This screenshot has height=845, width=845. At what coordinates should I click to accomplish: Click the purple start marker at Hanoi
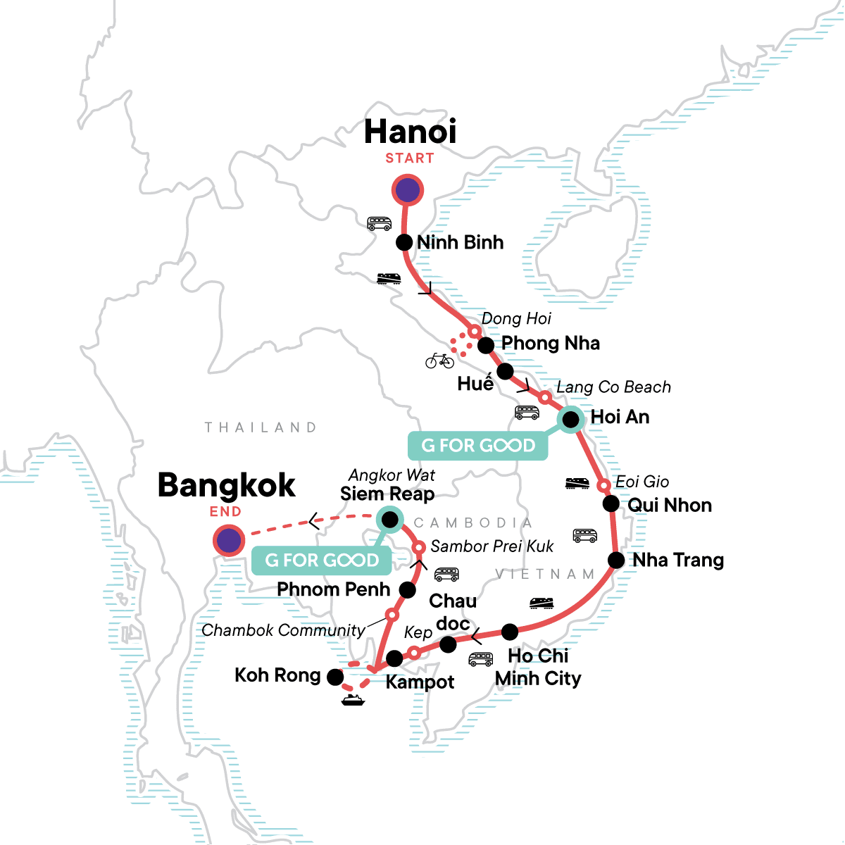tap(407, 190)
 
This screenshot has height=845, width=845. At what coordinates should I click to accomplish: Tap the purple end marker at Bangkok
tap(228, 541)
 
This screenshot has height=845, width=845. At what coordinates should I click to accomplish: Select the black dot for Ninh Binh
tap(403, 242)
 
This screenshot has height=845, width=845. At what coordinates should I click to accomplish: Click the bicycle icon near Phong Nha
tap(439, 361)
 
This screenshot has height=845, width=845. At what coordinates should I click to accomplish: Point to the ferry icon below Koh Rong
tap(352, 700)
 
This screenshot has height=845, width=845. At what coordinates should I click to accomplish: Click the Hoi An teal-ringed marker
tap(570, 420)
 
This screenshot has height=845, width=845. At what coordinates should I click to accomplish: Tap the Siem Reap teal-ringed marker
tap(389, 520)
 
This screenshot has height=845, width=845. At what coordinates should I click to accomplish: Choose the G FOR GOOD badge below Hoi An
tap(478, 446)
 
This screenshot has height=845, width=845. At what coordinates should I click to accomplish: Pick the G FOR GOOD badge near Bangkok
tap(322, 561)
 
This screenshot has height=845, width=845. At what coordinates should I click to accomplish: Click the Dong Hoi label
tap(516, 319)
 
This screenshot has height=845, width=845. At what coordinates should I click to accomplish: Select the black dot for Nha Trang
tap(616, 561)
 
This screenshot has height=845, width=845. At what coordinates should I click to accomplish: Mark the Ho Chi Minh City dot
tap(510, 631)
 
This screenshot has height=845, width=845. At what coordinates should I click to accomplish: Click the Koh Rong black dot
tap(335, 677)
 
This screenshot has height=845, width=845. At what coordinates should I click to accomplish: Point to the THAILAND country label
tap(261, 427)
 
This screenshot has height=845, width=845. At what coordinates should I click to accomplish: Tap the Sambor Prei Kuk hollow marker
tap(418, 547)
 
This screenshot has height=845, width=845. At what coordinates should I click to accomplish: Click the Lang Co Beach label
tap(613, 387)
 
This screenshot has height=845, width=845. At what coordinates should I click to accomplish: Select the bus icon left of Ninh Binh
tap(379, 224)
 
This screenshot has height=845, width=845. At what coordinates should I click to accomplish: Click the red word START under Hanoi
tap(409, 158)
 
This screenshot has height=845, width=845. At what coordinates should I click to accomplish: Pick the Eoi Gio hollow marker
tap(603, 486)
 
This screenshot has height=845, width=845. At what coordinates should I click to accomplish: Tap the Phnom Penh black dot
tap(407, 589)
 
